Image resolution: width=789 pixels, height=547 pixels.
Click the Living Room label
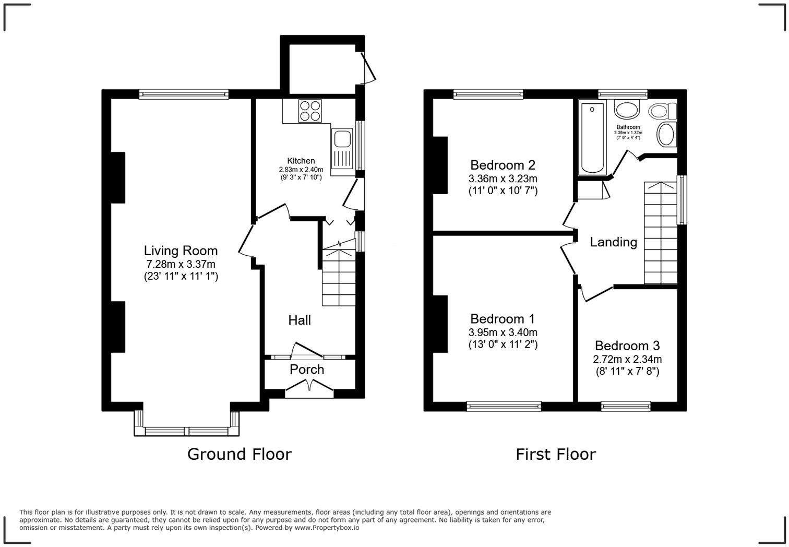pos(181,251)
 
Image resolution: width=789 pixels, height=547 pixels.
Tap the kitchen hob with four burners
pos(310,111)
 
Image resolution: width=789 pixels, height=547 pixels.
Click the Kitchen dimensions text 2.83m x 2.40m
pos(301,170)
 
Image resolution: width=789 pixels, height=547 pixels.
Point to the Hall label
pos(300,320)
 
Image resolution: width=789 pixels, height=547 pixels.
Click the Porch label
pos(307,370)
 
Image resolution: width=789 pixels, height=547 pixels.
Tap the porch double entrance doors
pos(309,387)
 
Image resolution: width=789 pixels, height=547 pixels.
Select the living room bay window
pos(186,431)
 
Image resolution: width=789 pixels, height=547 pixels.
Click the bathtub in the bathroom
pos(592,138)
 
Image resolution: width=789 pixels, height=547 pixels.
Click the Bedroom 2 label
pos(503,165)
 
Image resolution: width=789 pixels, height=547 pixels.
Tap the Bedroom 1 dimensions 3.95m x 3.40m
pos(503,332)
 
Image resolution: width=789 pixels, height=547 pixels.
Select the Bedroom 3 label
pos(627,346)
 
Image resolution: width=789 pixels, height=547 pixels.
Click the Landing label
pos(613,242)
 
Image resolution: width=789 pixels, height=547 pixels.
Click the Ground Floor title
pos(239,454)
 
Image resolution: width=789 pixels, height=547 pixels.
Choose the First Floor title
pos(555,454)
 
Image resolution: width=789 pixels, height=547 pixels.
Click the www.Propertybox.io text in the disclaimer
pos(327,528)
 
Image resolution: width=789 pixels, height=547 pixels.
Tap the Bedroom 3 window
pos(626,406)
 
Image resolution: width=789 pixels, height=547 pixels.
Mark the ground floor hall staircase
pos(339,277)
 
